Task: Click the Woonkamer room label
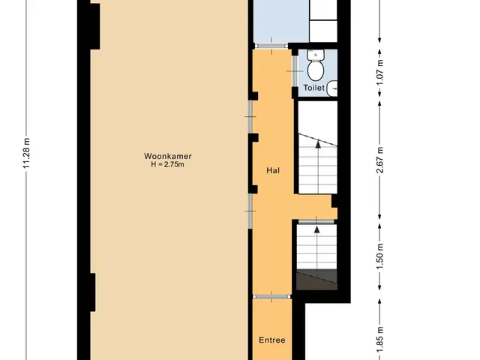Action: (168, 156)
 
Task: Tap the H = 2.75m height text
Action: (167, 164)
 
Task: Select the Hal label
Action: (273, 170)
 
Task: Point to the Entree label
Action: (271, 340)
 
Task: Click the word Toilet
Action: (313, 88)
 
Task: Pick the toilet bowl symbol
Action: (316, 70)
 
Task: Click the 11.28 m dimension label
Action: (26, 153)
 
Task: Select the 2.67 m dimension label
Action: (379, 160)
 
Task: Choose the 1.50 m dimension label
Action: (379, 256)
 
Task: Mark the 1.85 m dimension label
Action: (379, 339)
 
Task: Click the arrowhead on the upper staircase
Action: (318, 144)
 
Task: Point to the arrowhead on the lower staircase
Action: (316, 229)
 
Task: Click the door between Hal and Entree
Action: (271, 297)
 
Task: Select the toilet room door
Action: (294, 71)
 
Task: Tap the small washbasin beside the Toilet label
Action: (332, 88)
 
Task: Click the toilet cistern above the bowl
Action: (316, 55)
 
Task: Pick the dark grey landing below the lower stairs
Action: (316, 280)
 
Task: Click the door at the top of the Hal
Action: (271, 46)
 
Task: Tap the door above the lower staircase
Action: (316, 221)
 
